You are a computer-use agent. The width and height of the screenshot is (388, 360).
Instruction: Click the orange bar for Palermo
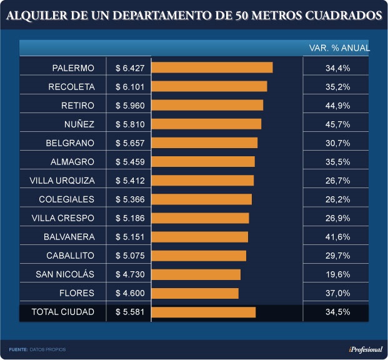pyautogui.click(x=212, y=67)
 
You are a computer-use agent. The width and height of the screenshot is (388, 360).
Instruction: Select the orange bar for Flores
pyautogui.click(x=195, y=293)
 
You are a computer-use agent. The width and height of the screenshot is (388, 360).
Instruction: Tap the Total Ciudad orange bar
pyautogui.click(x=204, y=312)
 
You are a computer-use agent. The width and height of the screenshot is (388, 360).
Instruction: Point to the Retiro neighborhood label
pyautogui.click(x=77, y=105)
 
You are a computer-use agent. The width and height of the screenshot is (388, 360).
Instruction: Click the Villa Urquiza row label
pyautogui.click(x=62, y=181)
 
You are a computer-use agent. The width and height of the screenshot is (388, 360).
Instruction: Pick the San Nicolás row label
pyautogui.click(x=65, y=274)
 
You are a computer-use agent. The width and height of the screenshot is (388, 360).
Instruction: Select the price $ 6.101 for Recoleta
pyautogui.click(x=129, y=86)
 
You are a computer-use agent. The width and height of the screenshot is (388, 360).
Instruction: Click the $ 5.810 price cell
pyautogui.click(x=129, y=124)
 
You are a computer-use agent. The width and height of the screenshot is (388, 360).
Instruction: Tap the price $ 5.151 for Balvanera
pyautogui.click(x=129, y=237)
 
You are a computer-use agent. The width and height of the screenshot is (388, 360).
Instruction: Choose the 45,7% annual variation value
pyautogui.click(x=337, y=124)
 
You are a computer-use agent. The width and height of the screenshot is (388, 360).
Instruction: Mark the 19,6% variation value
pyautogui.click(x=337, y=274)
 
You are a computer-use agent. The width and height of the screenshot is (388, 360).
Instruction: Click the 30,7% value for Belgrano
pyautogui.click(x=337, y=142)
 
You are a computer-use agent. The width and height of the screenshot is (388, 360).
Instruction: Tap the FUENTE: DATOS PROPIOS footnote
pyautogui.click(x=37, y=349)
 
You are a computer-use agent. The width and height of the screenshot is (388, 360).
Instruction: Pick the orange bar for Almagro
pyautogui.click(x=203, y=162)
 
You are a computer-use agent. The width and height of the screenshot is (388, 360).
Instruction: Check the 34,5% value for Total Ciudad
pyautogui.click(x=337, y=312)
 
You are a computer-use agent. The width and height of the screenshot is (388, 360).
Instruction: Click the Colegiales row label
pyautogui.click(x=66, y=199)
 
